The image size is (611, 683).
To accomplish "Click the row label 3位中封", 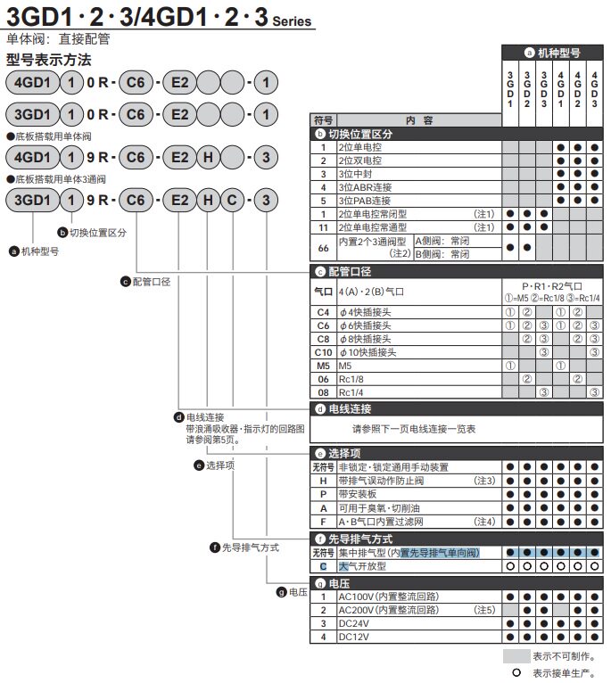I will coord(356,175).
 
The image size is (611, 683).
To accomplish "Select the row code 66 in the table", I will coord(323,248).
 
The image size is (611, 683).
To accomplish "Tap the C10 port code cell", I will coord(323,351).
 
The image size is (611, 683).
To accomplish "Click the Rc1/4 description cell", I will coord(351,391).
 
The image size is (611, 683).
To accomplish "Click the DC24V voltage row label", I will coord(355,623).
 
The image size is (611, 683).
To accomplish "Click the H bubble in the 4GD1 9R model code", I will coord(206,157).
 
